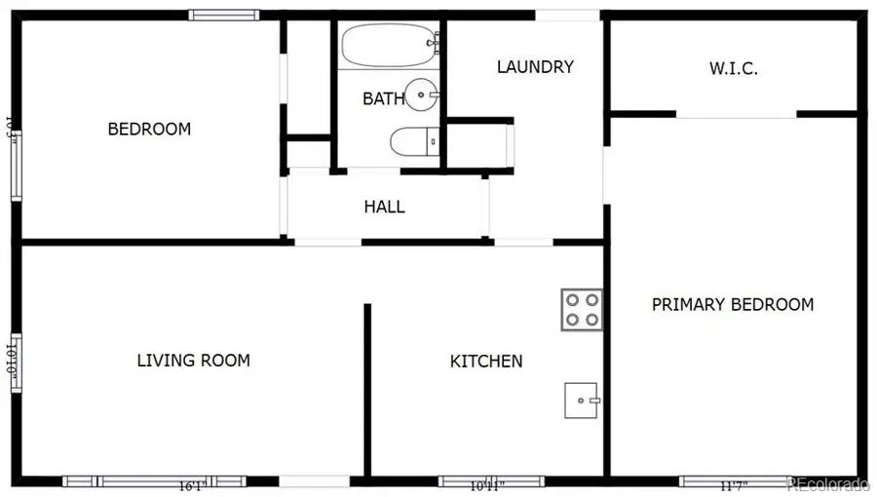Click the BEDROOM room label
(149, 129)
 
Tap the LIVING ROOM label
(193, 361)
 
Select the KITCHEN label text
(485, 362)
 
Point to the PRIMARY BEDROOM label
(732, 304)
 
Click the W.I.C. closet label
(733, 69)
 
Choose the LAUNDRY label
(535, 67)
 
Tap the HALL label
(384, 207)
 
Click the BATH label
(381, 98)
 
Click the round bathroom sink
(422, 95)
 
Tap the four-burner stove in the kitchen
(581, 309)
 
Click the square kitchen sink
(582, 400)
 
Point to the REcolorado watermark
(827, 484)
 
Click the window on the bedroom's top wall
(224, 15)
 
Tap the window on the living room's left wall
(15, 363)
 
